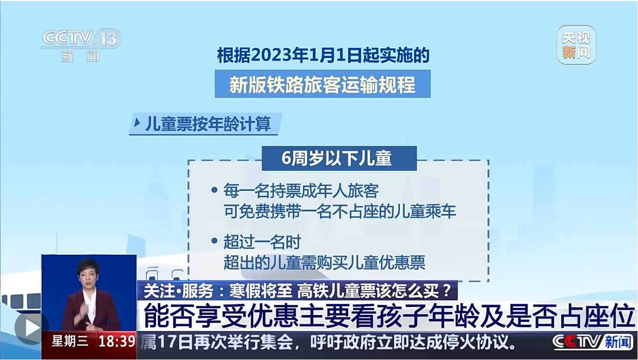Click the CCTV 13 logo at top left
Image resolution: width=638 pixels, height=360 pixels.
(82, 45)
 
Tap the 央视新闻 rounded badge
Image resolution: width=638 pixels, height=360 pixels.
(576, 45)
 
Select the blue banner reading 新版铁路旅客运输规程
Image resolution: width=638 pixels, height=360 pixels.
(323, 84)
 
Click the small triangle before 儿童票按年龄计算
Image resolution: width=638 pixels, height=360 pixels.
(137, 123)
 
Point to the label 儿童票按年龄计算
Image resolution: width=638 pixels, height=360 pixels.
(208, 124)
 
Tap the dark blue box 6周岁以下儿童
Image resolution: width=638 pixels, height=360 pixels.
(339, 158)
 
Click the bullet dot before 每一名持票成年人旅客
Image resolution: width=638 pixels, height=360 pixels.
(214, 190)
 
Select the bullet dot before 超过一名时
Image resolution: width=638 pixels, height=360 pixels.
(214, 241)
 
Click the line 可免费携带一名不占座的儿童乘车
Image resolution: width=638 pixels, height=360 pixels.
(340, 211)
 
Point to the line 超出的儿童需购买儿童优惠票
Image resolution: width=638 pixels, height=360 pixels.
(325, 262)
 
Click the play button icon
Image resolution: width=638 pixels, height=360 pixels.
(32, 329)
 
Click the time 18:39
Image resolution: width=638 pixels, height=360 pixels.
(117, 342)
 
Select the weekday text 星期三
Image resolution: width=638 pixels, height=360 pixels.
(70, 341)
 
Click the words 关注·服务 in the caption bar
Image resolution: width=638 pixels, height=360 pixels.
(179, 291)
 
